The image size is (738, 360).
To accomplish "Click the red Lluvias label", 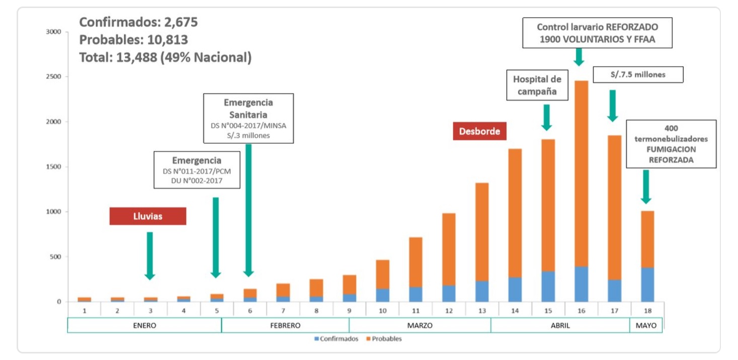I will [x=148, y=216].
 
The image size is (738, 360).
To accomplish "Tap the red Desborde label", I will [x=479, y=131].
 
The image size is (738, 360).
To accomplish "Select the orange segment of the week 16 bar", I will [x=581, y=173].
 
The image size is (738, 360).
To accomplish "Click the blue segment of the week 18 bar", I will [x=646, y=285].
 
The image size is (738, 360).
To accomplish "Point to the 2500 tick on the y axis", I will [x=53, y=77].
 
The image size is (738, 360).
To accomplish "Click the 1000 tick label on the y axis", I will [x=53, y=212].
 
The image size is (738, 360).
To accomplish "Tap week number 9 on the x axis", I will [x=349, y=310].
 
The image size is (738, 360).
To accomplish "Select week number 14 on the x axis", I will [x=515, y=310].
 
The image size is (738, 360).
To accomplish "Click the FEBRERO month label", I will [x=285, y=325].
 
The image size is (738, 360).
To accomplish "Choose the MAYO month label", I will [x=646, y=325].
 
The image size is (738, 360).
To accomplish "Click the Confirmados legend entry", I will [x=337, y=339].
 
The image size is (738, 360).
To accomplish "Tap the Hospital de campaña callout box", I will [x=537, y=85].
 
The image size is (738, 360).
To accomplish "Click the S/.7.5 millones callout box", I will [x=638, y=74].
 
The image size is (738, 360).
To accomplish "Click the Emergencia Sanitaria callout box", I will [x=249, y=118].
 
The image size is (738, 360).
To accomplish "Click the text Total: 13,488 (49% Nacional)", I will [x=166, y=57].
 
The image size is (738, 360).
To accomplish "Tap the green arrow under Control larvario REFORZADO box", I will [x=579, y=56].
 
